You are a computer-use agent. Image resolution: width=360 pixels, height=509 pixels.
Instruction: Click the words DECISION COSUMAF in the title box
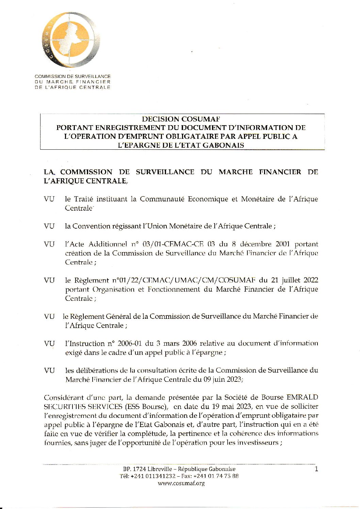(181, 119)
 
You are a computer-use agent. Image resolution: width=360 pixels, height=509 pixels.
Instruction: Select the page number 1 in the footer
(317, 470)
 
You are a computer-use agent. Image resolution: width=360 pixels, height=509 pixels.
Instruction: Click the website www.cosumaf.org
(181, 483)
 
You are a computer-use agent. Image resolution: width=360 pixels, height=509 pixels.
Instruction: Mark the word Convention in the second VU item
(91, 226)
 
